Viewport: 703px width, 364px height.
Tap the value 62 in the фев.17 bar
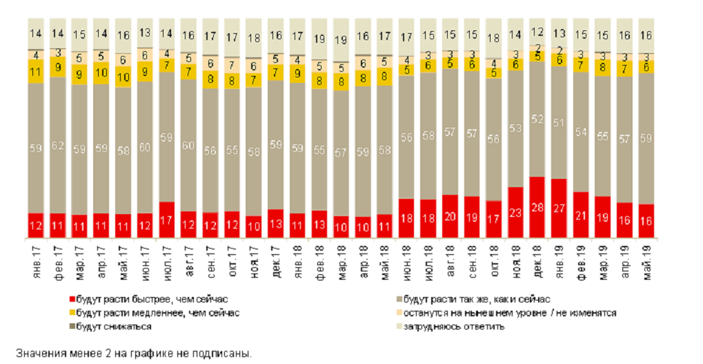57,145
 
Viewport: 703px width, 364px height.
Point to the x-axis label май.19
648,258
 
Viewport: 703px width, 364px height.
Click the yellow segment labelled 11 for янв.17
36,71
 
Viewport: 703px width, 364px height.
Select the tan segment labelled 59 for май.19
648,138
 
